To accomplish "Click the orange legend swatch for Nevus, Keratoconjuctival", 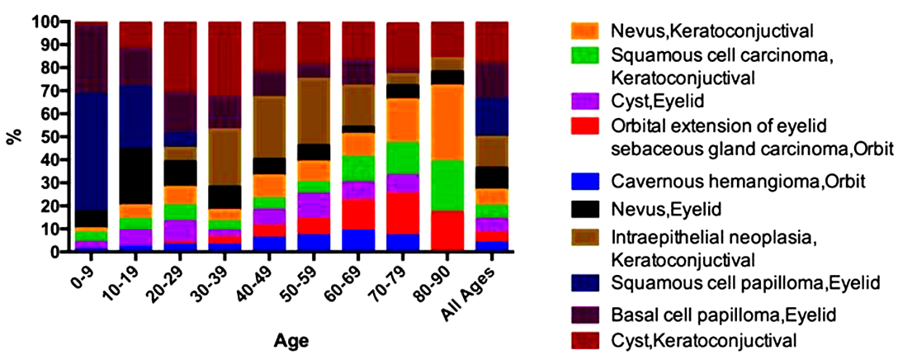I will coord(587,31).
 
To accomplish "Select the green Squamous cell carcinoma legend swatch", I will coord(587,57).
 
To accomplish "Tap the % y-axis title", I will coord(14,135).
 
